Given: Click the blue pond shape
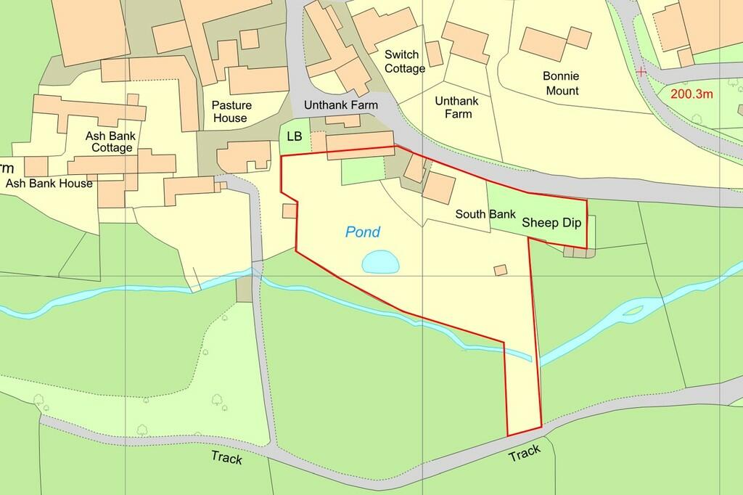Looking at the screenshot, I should (x=380, y=261).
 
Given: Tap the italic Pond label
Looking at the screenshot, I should (x=362, y=232).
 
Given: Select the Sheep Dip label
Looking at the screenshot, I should (x=551, y=223).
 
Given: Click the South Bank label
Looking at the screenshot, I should (x=485, y=215).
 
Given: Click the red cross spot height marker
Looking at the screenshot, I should (x=641, y=72).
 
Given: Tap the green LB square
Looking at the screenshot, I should (x=294, y=137).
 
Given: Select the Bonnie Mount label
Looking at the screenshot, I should (x=561, y=83).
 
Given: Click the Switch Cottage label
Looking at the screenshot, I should (x=405, y=62).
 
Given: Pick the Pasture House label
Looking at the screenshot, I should (x=229, y=112).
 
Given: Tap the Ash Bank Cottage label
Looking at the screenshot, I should (x=111, y=142).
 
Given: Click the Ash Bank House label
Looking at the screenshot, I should (x=49, y=184).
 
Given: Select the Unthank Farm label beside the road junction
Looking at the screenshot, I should (x=341, y=105).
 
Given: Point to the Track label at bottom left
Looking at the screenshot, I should (x=226, y=458).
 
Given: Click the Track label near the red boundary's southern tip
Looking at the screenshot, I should (x=524, y=454).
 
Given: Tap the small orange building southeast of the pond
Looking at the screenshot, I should (x=500, y=270).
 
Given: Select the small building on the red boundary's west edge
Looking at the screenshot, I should (x=290, y=211).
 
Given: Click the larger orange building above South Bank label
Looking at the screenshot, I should (x=439, y=187).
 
